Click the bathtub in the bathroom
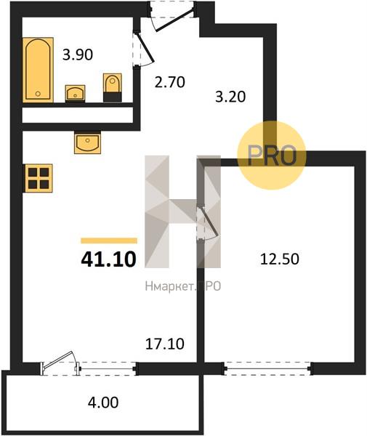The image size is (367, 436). click(x=38, y=70)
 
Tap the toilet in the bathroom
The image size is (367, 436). click(x=113, y=87)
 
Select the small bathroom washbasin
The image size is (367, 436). click(x=75, y=94)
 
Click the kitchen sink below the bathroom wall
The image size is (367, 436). click(x=87, y=142)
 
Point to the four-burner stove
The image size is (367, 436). click(x=39, y=178)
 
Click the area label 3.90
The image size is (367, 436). click(x=78, y=54)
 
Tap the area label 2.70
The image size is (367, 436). click(x=169, y=82)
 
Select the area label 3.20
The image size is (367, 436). click(x=230, y=97)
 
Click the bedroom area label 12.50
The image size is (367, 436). click(x=279, y=259)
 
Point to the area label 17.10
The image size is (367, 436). click(x=165, y=344)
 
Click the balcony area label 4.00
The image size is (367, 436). click(x=103, y=403)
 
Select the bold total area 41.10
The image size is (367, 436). click(x=108, y=259)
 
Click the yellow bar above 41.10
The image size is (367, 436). click(x=109, y=241)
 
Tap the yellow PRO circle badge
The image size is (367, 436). click(x=272, y=156)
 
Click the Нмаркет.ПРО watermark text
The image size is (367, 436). click(x=183, y=286)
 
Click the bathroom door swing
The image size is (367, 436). click(x=144, y=48)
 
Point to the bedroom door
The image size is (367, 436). click(x=208, y=223)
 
